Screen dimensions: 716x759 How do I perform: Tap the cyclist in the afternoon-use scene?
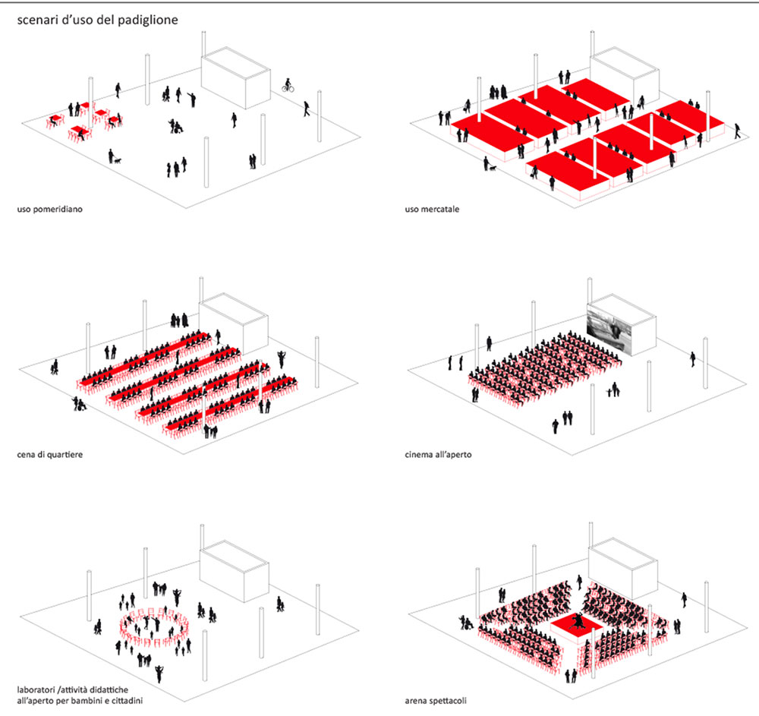click(x=288, y=86)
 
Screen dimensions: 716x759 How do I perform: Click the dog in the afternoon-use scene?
click(x=117, y=160)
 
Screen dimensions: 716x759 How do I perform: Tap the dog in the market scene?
click(x=493, y=166)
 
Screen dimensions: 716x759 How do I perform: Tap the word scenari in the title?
click(x=38, y=21)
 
